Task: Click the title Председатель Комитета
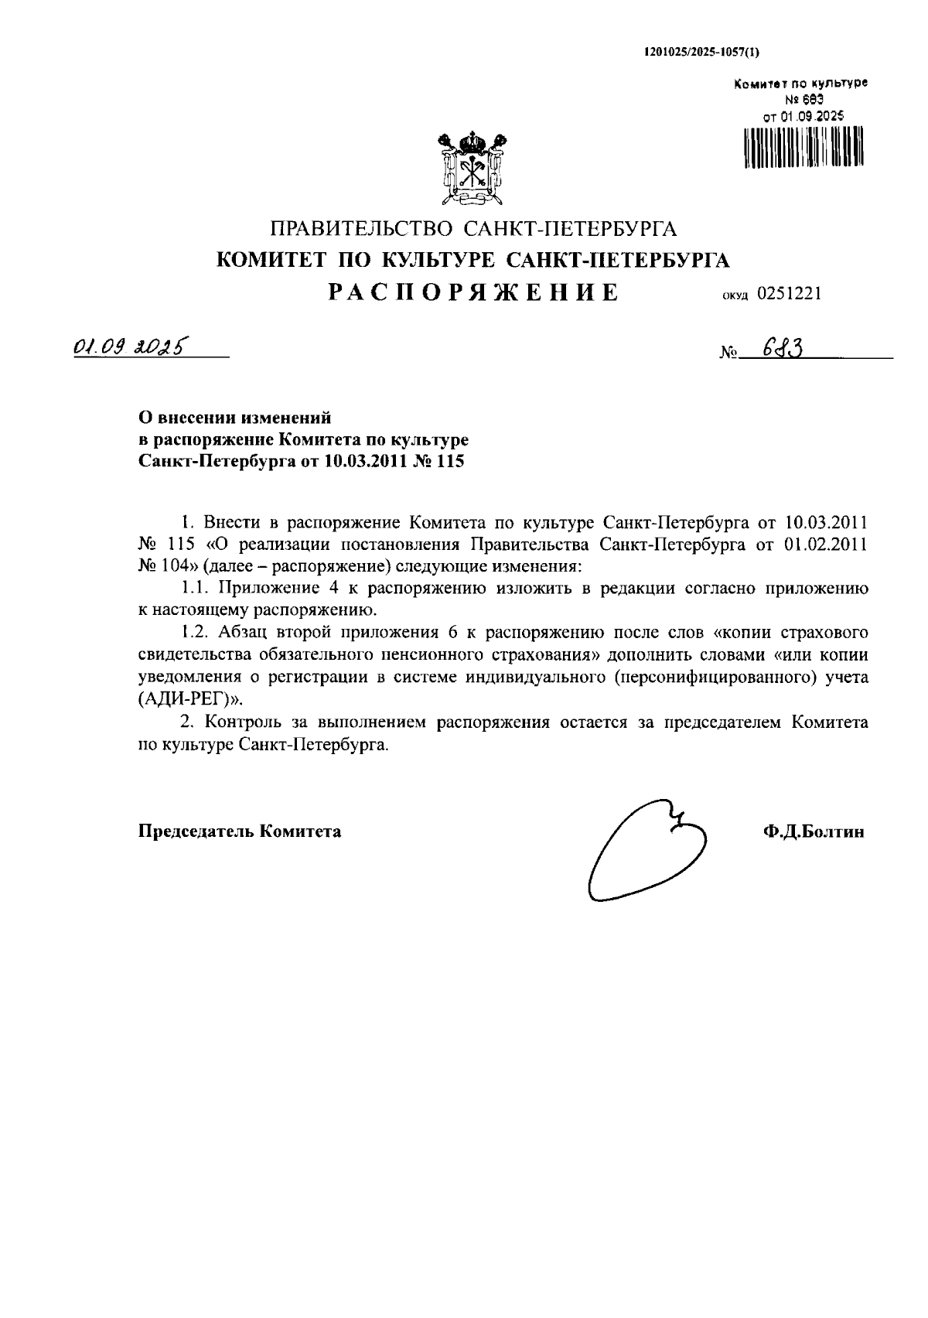tap(240, 831)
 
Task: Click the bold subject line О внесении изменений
tap(235, 418)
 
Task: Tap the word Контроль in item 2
tap(234, 722)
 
